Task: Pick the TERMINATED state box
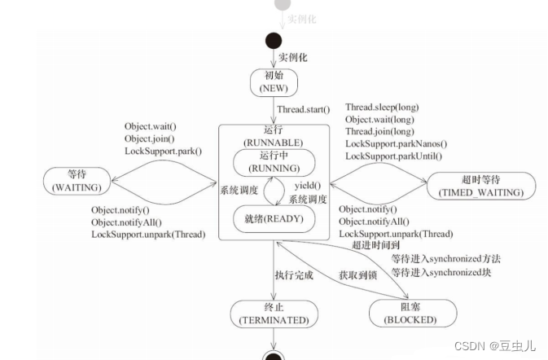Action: tap(274, 314)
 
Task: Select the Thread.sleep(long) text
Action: tap(383, 107)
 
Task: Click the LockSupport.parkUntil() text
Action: tap(395, 156)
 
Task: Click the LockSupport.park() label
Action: tap(164, 151)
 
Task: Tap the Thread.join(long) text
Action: tap(380, 131)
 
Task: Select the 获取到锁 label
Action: tap(358, 276)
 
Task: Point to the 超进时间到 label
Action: tap(376, 245)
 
